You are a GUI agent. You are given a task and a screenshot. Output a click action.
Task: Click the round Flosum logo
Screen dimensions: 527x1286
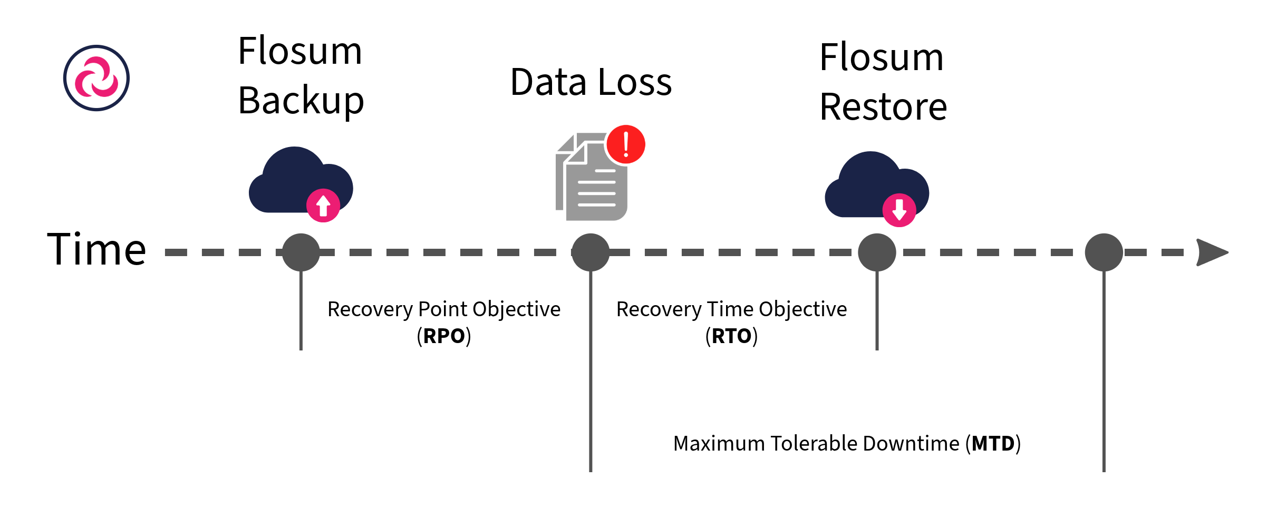[x=96, y=78]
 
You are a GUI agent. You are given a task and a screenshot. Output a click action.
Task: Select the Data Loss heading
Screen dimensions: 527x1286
[x=591, y=82]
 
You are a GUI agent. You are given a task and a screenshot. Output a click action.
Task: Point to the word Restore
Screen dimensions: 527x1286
[x=883, y=107]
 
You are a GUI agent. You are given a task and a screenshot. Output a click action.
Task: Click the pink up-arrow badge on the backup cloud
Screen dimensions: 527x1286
[x=323, y=206]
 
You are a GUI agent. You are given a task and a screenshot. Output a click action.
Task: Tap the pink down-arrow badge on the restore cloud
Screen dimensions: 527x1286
[x=899, y=210]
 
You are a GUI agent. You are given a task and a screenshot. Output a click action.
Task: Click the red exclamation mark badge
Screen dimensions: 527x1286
[x=626, y=144]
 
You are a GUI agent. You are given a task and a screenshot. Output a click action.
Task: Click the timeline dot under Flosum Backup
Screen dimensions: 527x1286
[x=301, y=252]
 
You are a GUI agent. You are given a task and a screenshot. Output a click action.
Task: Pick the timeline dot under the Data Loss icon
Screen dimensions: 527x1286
[x=591, y=252]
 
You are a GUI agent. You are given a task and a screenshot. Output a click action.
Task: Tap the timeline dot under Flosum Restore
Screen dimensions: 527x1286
[x=877, y=252]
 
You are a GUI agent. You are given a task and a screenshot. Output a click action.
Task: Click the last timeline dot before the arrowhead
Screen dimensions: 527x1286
[x=1104, y=252]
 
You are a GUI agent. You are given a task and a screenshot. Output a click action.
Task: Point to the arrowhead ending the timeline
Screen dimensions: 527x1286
[x=1211, y=252]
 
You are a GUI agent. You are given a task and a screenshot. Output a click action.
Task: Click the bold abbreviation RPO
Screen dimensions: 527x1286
[x=444, y=336]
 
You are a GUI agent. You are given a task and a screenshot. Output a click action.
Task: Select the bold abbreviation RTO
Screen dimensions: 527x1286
[x=731, y=336]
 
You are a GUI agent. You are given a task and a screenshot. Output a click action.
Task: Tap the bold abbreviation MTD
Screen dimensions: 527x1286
[x=993, y=444]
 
